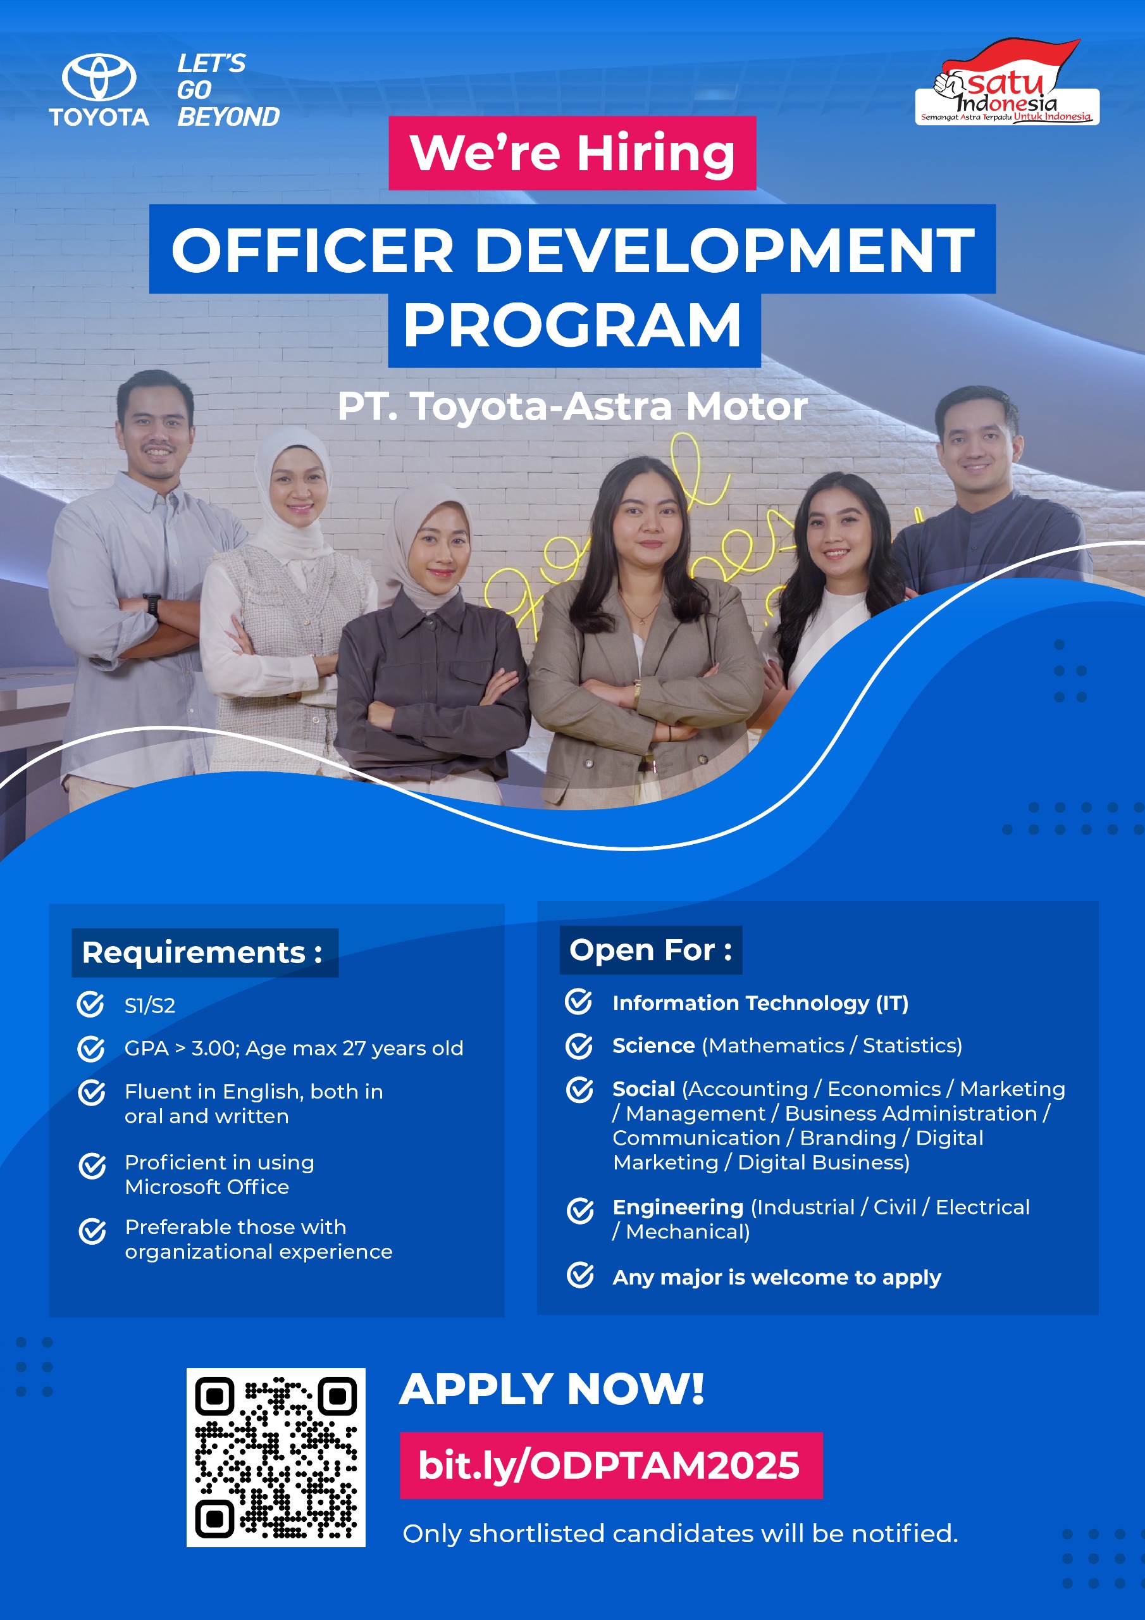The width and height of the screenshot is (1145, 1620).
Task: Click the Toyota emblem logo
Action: point(99,77)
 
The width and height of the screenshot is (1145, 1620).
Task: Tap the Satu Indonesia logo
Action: point(1006,82)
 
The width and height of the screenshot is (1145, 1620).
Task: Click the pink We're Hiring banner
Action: point(572,153)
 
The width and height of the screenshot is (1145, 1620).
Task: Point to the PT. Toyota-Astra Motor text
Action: point(572,407)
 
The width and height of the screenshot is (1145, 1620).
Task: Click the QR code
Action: point(276,1458)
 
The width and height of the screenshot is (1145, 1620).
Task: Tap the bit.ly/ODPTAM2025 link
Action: point(610,1466)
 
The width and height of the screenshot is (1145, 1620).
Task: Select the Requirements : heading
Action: point(203,952)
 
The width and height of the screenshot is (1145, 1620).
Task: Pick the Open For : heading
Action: point(650,950)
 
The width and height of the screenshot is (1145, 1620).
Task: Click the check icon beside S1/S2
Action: point(90,1004)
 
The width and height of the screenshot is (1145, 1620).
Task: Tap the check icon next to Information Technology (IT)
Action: point(578,1001)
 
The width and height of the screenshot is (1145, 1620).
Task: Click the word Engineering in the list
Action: point(678,1207)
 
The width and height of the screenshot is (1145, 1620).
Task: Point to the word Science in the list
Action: point(653,1045)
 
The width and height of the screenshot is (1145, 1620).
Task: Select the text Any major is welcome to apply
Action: point(777,1277)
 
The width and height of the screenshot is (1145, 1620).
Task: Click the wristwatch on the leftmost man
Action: point(152,606)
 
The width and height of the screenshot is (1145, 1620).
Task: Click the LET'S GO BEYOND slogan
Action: point(228,90)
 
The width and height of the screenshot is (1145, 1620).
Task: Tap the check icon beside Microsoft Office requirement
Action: point(92,1166)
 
